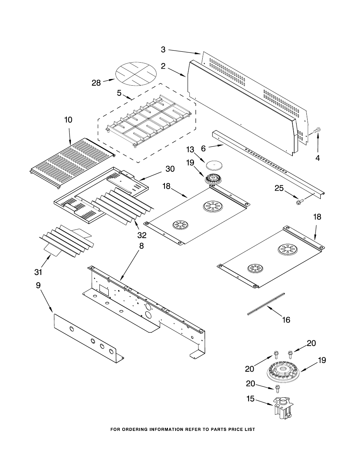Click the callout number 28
pos(96,82)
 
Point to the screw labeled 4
pos(317,131)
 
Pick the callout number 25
pos(279,188)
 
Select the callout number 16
pos(286,320)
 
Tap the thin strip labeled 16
pos(266,303)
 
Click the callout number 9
pos(38,286)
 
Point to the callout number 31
pos(38,271)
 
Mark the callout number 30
pos(170,169)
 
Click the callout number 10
pos(68,120)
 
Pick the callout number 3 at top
pos(163,49)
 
